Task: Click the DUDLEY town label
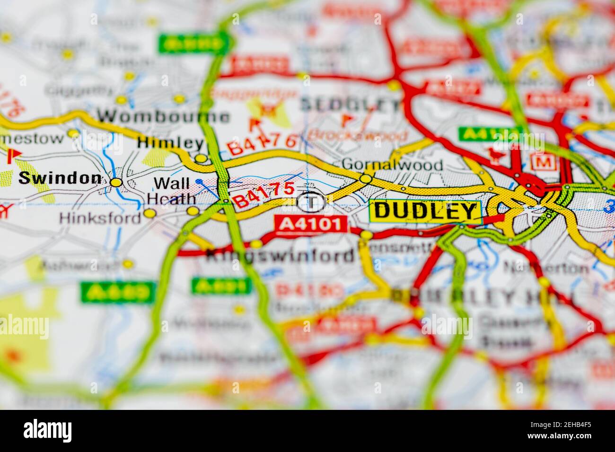coord(425,211)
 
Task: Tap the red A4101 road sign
coord(311,224)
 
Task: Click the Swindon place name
coord(60,178)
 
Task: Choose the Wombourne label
coord(164,116)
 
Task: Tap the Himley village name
coord(170,143)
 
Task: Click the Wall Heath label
coord(172,191)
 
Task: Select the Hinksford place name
coord(100,217)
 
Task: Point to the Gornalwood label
coord(392,165)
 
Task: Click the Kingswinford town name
coord(280,256)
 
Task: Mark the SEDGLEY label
coord(350,105)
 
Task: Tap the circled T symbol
coord(311,202)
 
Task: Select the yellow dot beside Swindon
coord(116,182)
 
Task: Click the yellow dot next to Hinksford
coord(149,214)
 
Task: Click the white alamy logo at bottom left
coord(48,430)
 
